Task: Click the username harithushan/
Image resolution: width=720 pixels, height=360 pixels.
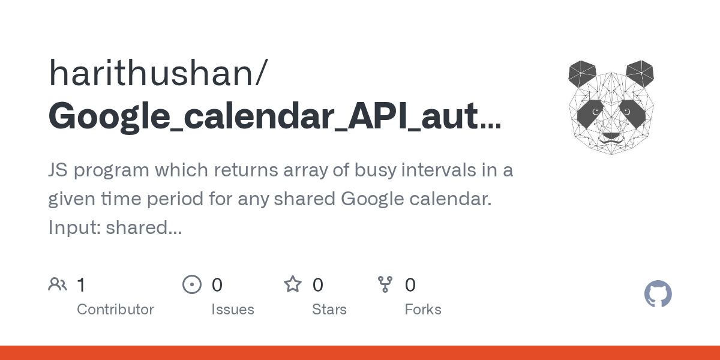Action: (x=158, y=73)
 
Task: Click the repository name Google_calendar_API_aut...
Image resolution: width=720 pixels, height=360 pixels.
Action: (x=275, y=116)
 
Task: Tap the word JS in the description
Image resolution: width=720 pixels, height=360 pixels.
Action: (x=58, y=170)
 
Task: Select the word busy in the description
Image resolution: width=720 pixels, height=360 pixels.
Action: (x=375, y=170)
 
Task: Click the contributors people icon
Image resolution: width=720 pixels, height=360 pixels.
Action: (x=58, y=284)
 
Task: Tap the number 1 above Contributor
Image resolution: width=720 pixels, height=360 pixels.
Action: (x=81, y=285)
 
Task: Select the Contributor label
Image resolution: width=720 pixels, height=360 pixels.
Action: (x=115, y=310)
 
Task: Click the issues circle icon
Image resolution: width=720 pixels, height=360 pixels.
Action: (x=192, y=284)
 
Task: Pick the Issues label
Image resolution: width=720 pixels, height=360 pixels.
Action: (x=233, y=310)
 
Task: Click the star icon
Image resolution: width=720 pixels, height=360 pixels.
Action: (x=293, y=284)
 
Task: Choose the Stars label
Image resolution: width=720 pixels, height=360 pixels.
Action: (x=329, y=310)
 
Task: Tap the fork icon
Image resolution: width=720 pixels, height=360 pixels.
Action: (x=385, y=284)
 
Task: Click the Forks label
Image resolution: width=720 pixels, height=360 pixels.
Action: (x=423, y=310)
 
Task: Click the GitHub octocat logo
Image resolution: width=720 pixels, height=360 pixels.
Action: (x=658, y=294)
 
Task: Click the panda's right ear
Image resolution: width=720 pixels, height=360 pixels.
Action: (x=640, y=73)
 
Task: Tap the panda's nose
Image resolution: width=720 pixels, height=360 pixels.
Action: (x=611, y=136)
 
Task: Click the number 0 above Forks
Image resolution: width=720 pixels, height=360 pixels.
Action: (x=410, y=285)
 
